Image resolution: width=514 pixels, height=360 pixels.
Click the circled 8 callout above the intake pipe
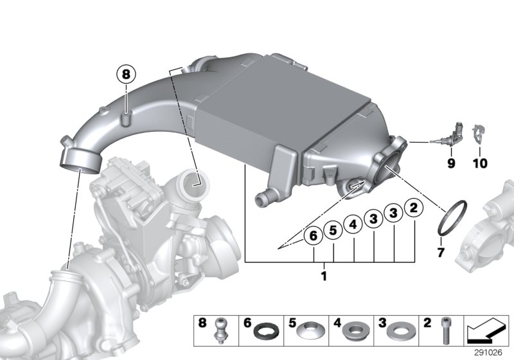(126, 75)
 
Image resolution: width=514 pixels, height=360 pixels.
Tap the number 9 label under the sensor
(450, 164)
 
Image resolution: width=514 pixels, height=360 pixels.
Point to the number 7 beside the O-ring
(441, 253)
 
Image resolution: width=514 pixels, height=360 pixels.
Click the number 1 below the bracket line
(324, 276)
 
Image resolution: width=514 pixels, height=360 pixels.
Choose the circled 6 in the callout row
(314, 236)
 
